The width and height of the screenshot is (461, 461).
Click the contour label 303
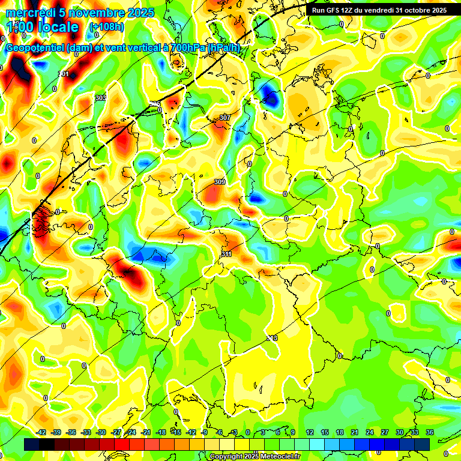tap(100, 98)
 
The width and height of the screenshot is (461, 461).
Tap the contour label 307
tap(225, 118)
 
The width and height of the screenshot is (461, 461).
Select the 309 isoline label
tap(220, 182)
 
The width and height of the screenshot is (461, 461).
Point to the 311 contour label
tap(226, 255)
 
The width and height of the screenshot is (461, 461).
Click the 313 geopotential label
tap(273, 339)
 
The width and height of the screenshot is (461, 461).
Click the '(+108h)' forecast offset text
tap(107, 27)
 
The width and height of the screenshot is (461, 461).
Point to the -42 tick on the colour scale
tap(41, 432)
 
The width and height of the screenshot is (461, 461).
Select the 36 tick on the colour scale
tap(430, 432)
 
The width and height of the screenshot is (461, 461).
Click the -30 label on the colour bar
tap(101, 432)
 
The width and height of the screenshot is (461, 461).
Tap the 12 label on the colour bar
tap(310, 432)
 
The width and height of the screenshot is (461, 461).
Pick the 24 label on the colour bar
tap(370, 432)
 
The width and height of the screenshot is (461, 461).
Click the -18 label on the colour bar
tap(161, 432)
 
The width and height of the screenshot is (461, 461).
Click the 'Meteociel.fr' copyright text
tap(278, 457)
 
